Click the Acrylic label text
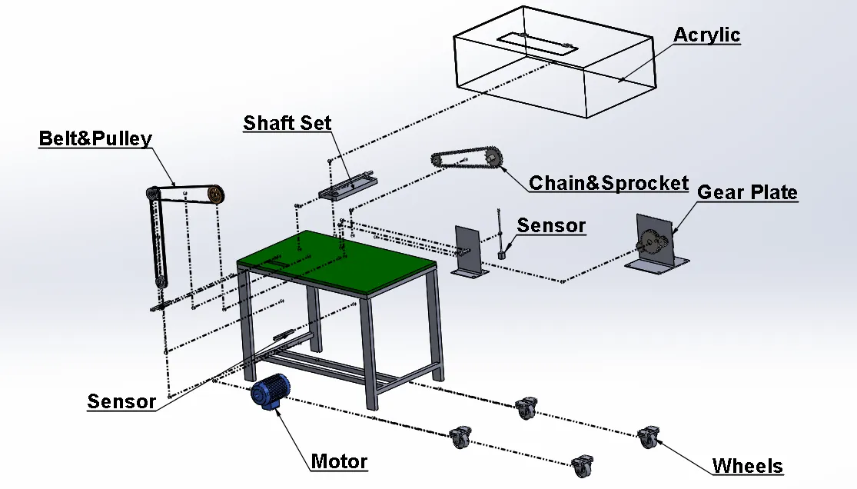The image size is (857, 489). coord(706,35)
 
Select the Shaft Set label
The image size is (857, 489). coord(287,123)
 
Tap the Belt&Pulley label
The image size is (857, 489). coord(95,139)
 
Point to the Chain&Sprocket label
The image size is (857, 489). coord(608,183)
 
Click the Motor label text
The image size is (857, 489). coord(339,462)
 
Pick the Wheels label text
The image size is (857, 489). coord(747,466)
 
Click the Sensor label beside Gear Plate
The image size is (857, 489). coord(550,226)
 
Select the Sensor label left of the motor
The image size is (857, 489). coord(121,401)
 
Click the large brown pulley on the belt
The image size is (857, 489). coord(214,195)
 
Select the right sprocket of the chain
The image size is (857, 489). coord(493,160)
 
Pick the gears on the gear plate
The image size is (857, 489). coord(651,244)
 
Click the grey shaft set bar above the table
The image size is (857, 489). coord(350,185)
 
